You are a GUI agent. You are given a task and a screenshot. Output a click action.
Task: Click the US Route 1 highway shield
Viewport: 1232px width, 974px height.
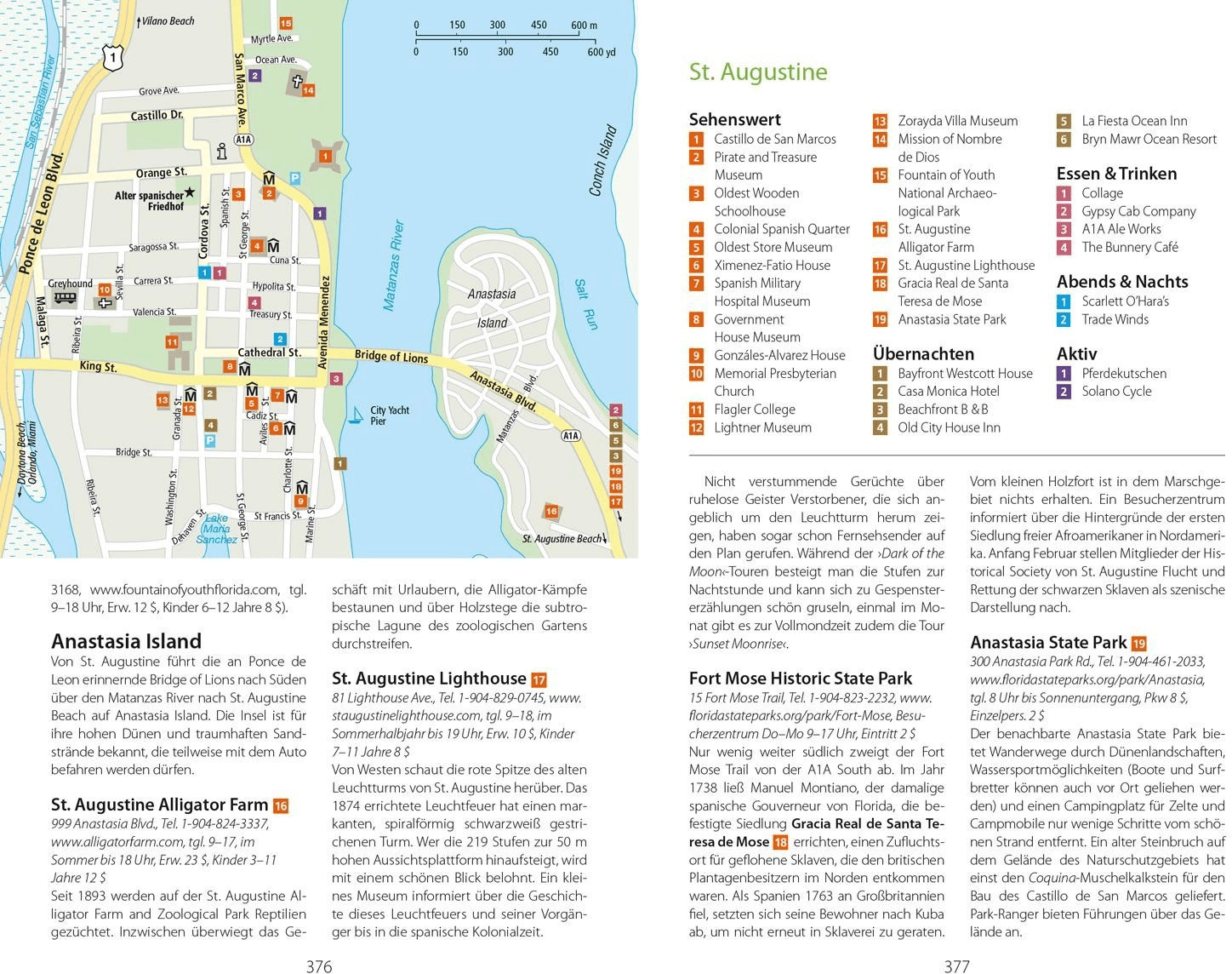pyautogui.click(x=111, y=58)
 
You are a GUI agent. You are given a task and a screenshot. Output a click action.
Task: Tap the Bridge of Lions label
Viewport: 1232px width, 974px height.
pyautogui.click(x=391, y=357)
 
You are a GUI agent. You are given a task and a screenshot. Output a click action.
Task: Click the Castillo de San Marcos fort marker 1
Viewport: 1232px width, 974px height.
pyautogui.click(x=324, y=157)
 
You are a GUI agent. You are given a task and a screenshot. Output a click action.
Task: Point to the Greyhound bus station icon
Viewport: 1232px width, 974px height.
pyautogui.click(x=66, y=298)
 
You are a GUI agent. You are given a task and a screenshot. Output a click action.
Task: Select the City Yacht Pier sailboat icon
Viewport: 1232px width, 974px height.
pyautogui.click(x=356, y=415)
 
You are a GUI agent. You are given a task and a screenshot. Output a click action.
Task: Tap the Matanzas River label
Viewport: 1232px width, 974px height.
pyautogui.click(x=393, y=266)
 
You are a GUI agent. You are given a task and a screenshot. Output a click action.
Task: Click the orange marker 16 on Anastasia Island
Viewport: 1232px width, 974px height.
pyautogui.click(x=551, y=512)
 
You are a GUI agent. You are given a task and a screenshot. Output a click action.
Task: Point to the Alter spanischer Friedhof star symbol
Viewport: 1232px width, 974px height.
pyautogui.click(x=190, y=193)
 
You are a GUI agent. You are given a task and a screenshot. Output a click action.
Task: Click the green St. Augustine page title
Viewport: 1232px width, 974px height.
pyautogui.click(x=757, y=72)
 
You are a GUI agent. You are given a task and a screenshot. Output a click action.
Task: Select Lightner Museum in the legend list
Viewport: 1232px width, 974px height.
pyautogui.click(x=762, y=427)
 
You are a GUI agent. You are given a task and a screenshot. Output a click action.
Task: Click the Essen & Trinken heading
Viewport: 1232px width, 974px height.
pyautogui.click(x=1116, y=174)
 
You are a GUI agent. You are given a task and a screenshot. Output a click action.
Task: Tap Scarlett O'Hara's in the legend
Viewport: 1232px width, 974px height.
pyautogui.click(x=1125, y=301)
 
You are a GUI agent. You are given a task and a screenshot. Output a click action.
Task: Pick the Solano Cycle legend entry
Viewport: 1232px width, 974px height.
pyautogui.click(x=1116, y=392)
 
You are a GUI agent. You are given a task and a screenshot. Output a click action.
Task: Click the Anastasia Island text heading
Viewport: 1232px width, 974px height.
pyautogui.click(x=126, y=641)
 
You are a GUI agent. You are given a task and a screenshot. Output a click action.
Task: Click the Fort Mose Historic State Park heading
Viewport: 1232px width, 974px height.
pyautogui.click(x=800, y=679)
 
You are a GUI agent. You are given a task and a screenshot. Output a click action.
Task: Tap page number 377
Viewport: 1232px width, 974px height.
pyautogui.click(x=957, y=966)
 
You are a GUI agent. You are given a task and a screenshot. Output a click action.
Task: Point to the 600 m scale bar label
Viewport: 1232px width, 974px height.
pyautogui.click(x=584, y=26)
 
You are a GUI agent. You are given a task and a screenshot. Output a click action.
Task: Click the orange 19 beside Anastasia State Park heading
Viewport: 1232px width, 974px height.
pyautogui.click(x=1138, y=644)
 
